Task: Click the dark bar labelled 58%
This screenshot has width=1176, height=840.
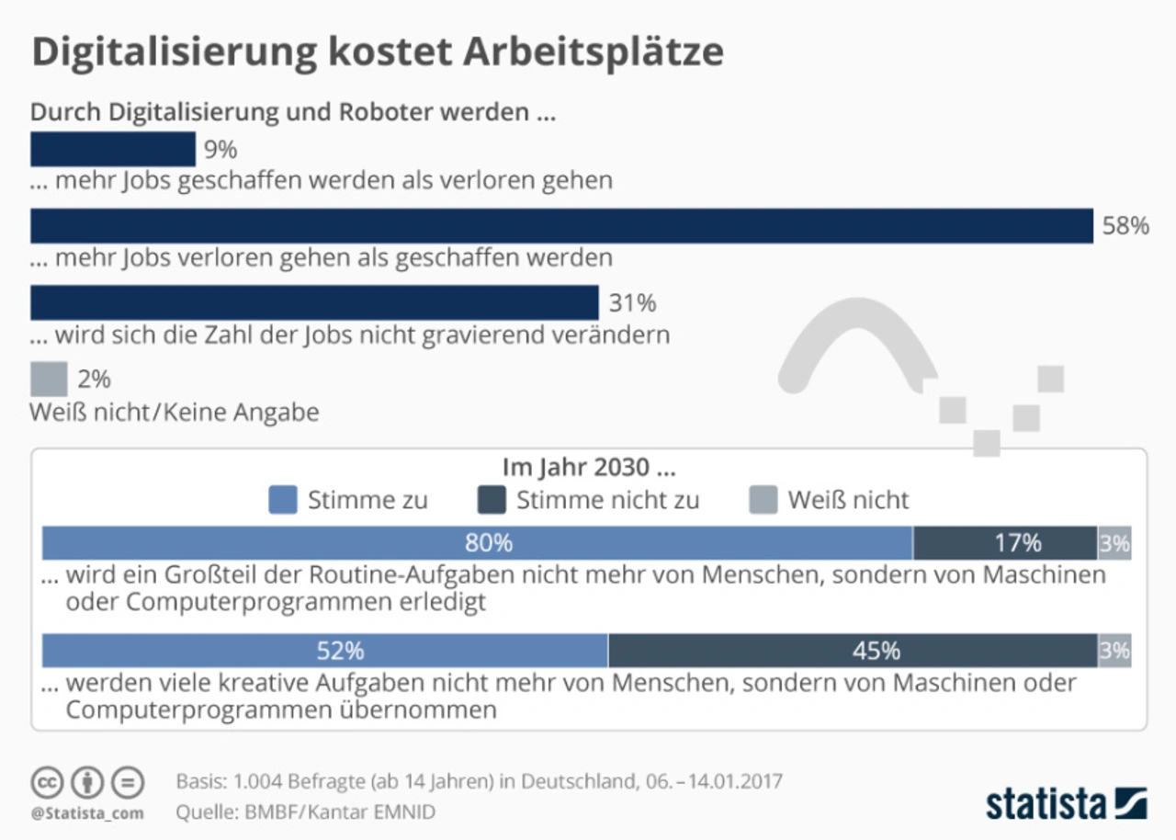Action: click(x=561, y=226)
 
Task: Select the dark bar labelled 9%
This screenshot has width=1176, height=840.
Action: click(x=113, y=149)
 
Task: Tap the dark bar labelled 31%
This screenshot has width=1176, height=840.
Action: click(x=314, y=302)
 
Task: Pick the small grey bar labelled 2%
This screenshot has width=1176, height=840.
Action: click(x=49, y=379)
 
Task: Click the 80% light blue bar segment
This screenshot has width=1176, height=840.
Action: click(x=478, y=543)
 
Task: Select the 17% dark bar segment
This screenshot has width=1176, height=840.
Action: click(x=1005, y=543)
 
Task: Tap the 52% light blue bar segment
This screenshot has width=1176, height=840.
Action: click(x=325, y=651)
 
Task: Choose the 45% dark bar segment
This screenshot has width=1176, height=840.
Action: click(x=853, y=651)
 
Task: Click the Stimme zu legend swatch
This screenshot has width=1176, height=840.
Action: click(x=283, y=500)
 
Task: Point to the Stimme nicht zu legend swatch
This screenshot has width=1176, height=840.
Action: click(x=492, y=500)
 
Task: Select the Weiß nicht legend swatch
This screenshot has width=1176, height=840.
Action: click(x=763, y=500)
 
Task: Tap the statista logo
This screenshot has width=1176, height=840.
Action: click(x=1066, y=803)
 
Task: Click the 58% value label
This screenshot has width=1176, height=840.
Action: click(x=1125, y=226)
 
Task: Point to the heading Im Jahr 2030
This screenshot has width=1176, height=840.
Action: click(x=589, y=467)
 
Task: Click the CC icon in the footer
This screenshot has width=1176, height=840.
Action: click(x=47, y=783)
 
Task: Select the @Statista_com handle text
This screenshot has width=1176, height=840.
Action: click(x=86, y=812)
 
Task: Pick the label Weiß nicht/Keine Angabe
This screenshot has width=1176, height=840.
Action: click(x=175, y=413)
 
